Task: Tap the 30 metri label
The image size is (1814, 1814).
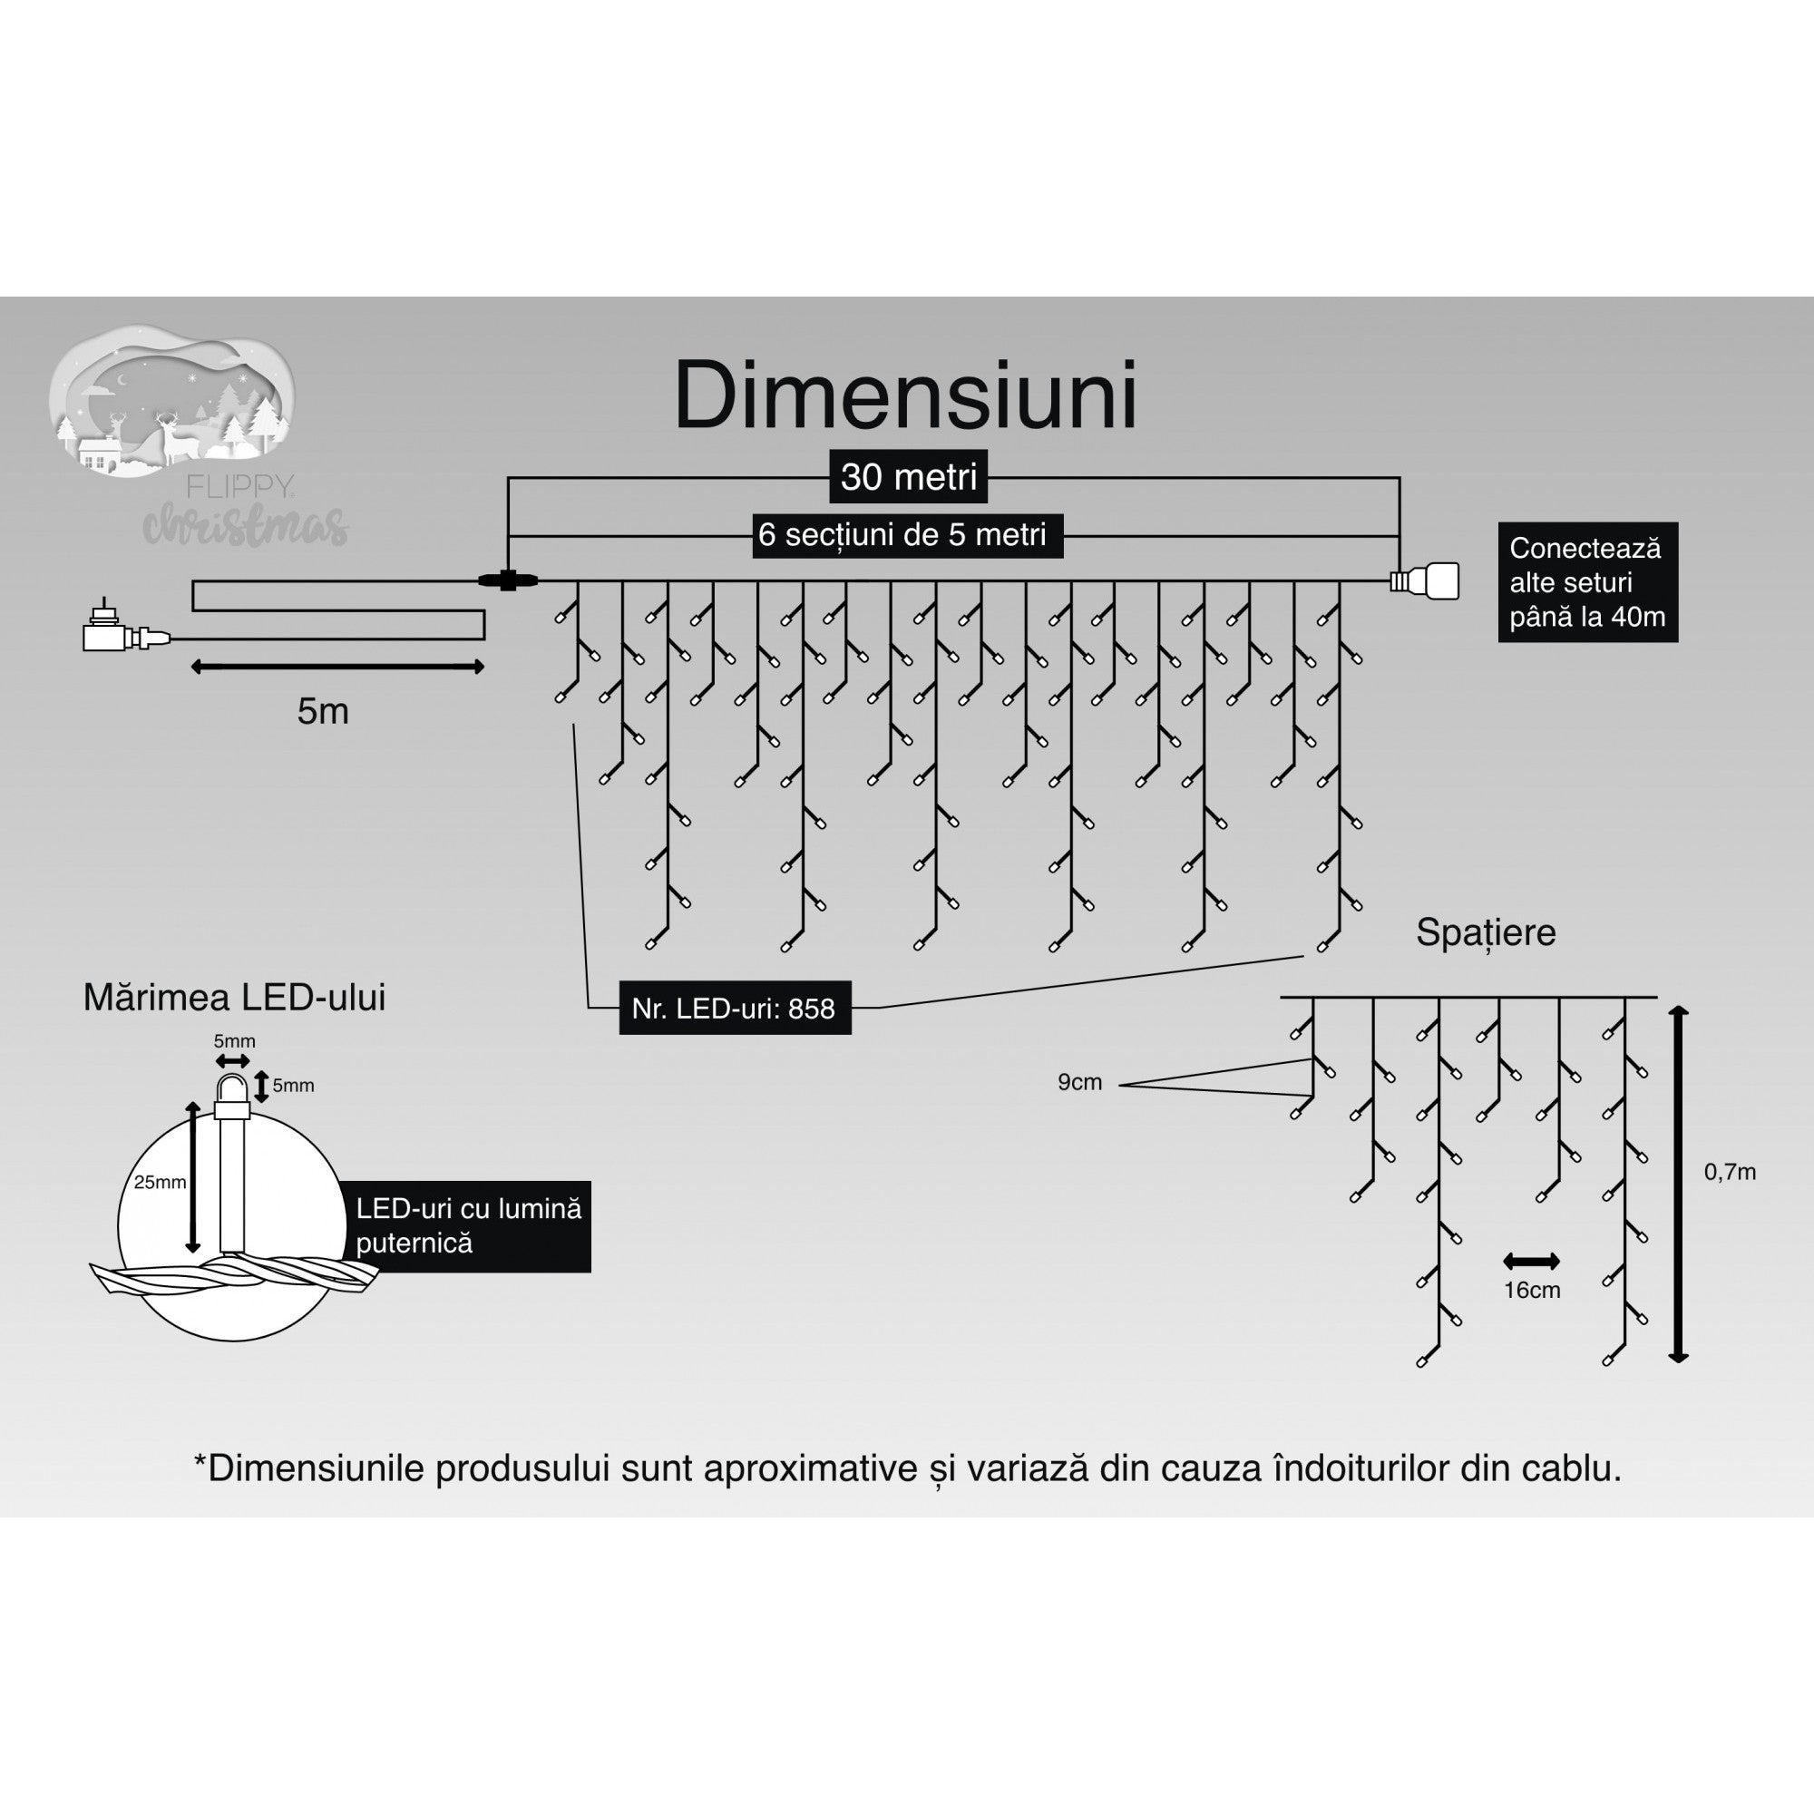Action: coord(908,477)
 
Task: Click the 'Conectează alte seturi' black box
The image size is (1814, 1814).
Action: coord(1586,582)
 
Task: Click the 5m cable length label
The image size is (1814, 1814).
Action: coord(323,712)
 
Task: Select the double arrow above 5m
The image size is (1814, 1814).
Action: coord(337,667)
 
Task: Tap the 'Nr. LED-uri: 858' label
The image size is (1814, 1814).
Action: coord(735,1009)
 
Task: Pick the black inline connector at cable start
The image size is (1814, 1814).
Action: coord(508,580)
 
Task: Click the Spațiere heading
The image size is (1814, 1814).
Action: coord(1486,932)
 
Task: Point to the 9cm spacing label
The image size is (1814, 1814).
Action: coord(1079,1083)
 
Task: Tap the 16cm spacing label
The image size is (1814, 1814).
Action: coord(1531,1290)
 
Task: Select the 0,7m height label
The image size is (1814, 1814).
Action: coord(1730,1172)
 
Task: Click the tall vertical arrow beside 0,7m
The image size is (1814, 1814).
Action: coord(1679,1184)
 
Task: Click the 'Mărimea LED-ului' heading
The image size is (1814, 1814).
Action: coord(235,997)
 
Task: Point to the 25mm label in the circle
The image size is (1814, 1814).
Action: coord(160,1182)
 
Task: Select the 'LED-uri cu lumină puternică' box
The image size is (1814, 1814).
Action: coord(470,1226)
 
